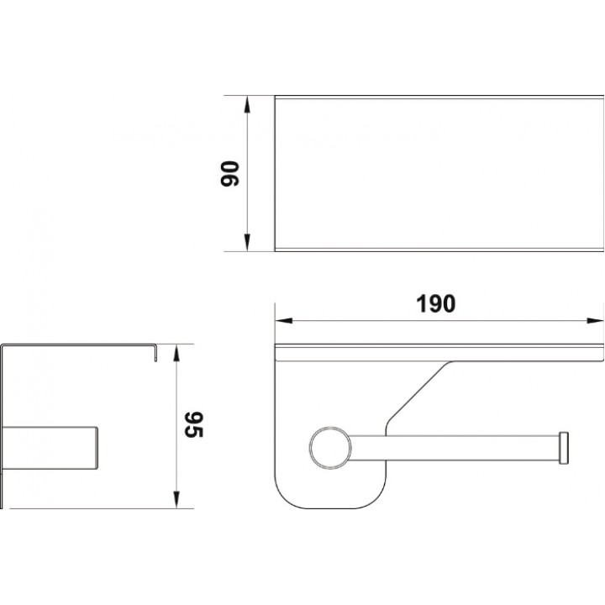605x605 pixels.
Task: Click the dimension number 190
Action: (x=435, y=303)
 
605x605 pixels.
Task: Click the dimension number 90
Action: (x=229, y=174)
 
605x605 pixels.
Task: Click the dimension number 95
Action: (x=194, y=425)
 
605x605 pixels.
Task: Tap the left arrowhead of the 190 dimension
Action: (x=284, y=320)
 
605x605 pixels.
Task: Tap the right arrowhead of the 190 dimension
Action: (x=595, y=320)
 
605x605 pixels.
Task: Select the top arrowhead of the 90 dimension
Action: (x=247, y=104)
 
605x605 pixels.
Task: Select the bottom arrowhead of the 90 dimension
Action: (x=247, y=242)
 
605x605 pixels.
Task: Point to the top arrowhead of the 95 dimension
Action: (x=176, y=353)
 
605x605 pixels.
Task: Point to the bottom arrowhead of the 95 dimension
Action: (x=176, y=500)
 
